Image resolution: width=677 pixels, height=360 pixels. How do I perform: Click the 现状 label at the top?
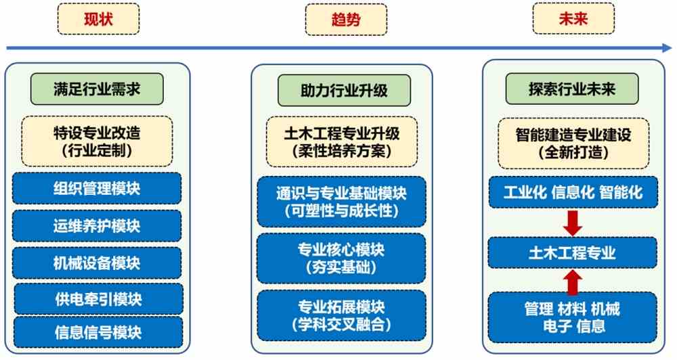pyautogui.click(x=98, y=19)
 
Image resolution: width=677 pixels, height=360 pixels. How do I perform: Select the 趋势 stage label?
pyautogui.click(x=346, y=20)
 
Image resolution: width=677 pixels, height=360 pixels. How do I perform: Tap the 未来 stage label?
pyautogui.click(x=573, y=18)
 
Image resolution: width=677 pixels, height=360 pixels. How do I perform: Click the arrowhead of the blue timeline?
pyautogui.click(x=667, y=48)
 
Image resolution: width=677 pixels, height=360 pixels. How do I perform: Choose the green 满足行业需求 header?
pyautogui.click(x=97, y=89)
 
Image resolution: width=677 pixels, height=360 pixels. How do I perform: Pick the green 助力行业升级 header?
pyautogui.click(x=344, y=90)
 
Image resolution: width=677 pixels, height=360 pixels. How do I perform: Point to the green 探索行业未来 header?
pyautogui.click(x=572, y=89)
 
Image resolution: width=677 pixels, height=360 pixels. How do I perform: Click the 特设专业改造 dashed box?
pyautogui.click(x=97, y=141)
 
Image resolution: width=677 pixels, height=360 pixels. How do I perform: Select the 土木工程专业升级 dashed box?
pyautogui.click(x=342, y=142)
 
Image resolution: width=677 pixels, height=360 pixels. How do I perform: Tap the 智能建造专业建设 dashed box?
pyautogui.click(x=573, y=143)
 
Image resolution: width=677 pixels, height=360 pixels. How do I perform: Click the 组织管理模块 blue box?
pyautogui.click(x=97, y=189)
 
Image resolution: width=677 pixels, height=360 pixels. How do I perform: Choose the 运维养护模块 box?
pyautogui.click(x=97, y=226)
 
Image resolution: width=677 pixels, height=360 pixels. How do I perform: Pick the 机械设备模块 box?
pyautogui.click(x=97, y=263)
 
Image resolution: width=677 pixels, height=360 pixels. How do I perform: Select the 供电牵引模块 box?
pyautogui.click(x=98, y=299)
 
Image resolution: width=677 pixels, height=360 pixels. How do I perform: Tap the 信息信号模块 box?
pyautogui.click(x=98, y=332)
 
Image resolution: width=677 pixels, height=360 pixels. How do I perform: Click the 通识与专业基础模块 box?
pyautogui.click(x=341, y=202)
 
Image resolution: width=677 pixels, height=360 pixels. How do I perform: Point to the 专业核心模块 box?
pyautogui.click(x=341, y=258)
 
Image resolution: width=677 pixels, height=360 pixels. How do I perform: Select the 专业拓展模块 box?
pyautogui.click(x=341, y=315)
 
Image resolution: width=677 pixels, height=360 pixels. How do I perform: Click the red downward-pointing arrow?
pyautogui.click(x=573, y=223)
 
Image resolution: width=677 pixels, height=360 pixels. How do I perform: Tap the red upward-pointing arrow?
pyautogui.click(x=573, y=282)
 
